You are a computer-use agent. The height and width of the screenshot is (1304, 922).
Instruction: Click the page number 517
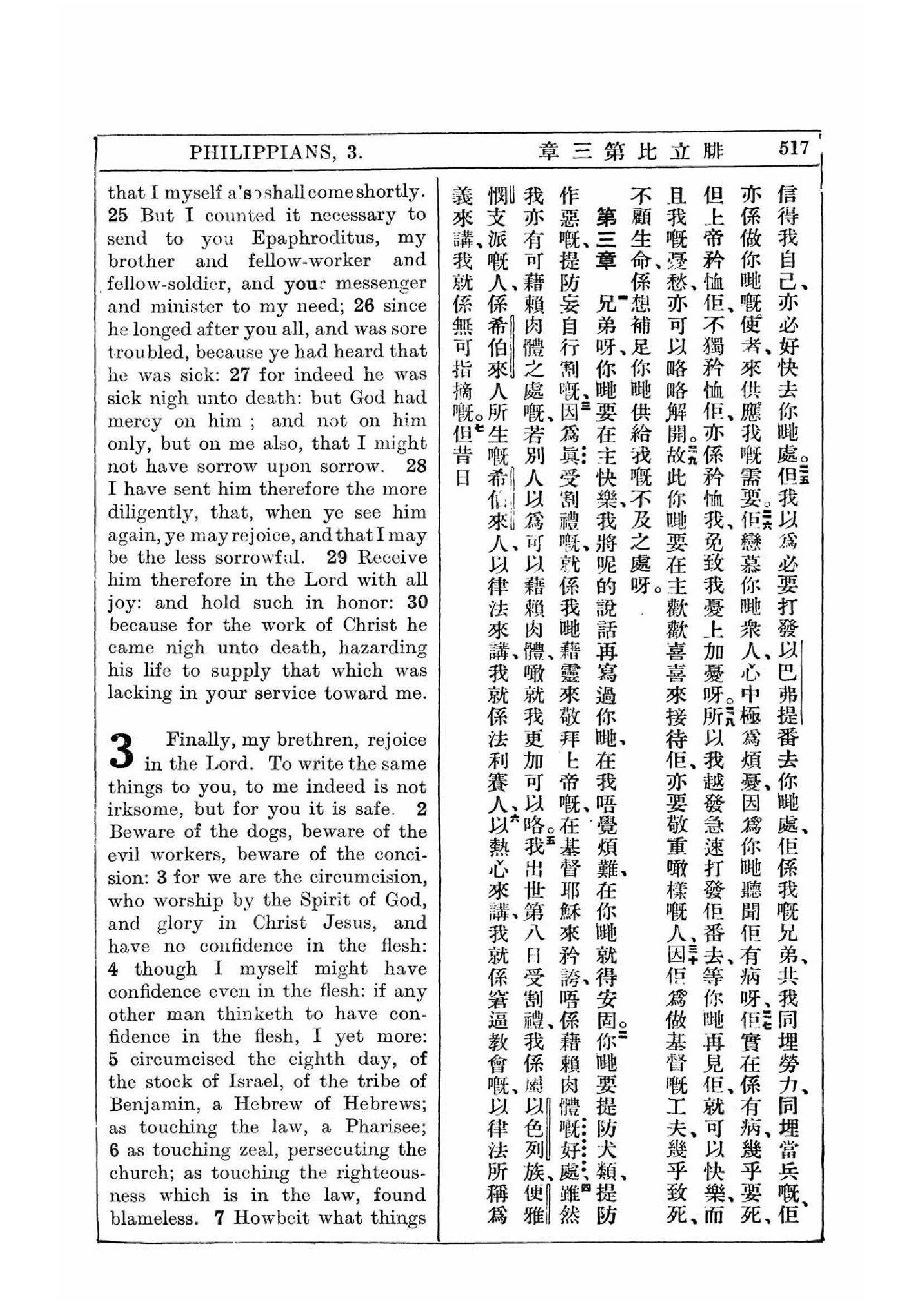click(793, 149)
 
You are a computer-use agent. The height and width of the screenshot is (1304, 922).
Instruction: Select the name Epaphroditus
click(316, 237)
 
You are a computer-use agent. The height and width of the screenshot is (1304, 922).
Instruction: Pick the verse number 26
click(364, 306)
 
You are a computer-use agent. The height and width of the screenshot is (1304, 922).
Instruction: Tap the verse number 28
click(416, 466)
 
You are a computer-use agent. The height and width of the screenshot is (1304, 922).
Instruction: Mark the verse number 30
click(417, 603)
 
